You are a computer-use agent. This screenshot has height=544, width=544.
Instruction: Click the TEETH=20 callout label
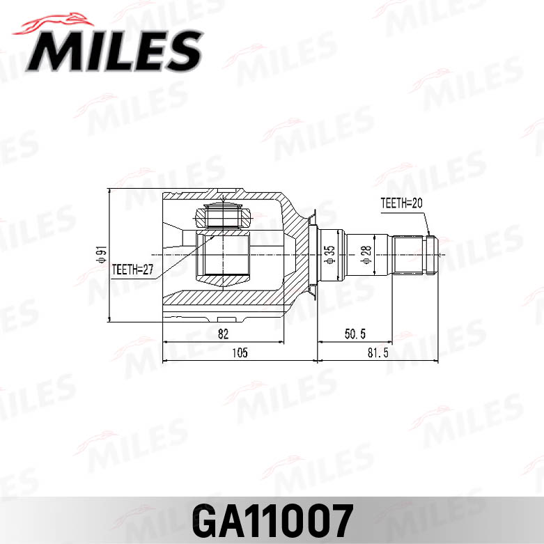(402, 203)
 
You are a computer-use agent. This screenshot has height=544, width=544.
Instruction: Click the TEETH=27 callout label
(132, 268)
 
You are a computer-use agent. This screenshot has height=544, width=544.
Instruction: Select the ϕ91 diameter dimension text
(101, 256)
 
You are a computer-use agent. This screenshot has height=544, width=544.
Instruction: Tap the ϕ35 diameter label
(330, 254)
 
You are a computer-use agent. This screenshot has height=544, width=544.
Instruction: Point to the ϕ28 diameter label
(365, 255)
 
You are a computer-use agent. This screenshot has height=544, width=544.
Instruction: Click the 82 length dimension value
(223, 334)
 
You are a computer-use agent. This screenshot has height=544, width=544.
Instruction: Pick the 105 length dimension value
(239, 352)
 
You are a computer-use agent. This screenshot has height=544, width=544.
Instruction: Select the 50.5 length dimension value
(354, 334)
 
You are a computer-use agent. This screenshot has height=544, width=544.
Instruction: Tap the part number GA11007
(272, 519)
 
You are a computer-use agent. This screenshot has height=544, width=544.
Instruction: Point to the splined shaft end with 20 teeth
(415, 255)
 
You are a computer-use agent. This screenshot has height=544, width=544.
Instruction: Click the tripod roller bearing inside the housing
(223, 214)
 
